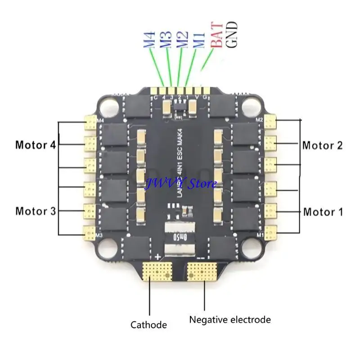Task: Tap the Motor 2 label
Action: click(322, 145)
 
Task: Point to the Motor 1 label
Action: click(322, 211)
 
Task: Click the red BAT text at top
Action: click(217, 35)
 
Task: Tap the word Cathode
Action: click(148, 324)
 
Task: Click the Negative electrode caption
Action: click(230, 319)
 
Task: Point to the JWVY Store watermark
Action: click(180, 183)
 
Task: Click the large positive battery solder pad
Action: click(157, 271)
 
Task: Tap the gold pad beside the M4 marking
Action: click(90, 123)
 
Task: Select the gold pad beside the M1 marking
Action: click(270, 232)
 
